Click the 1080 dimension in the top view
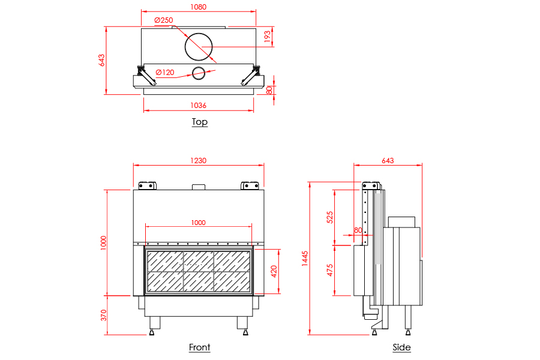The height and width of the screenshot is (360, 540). [198, 7]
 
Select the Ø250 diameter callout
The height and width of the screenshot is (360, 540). [164, 20]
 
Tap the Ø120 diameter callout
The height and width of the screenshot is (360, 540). [165, 73]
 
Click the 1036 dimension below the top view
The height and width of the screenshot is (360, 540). [198, 106]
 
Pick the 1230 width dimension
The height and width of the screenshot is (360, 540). [198, 160]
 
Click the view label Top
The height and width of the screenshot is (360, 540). [200, 122]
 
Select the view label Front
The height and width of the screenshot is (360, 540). [200, 347]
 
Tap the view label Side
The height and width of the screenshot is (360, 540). [401, 347]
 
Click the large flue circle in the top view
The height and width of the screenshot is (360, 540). [198, 46]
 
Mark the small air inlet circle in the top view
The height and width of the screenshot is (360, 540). [198, 73]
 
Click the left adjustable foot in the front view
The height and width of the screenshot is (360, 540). [151, 331]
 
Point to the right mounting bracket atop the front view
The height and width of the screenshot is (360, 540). [249, 185]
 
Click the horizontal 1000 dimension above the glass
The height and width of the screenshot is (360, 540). [198, 223]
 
